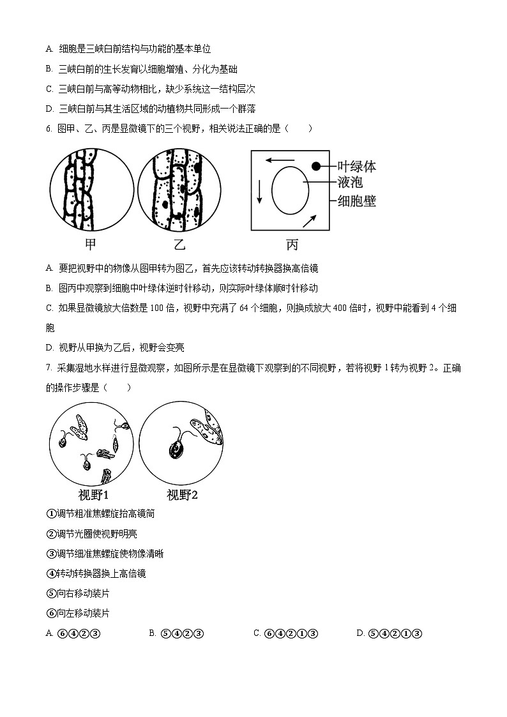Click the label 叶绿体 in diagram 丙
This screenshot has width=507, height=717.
click(356, 167)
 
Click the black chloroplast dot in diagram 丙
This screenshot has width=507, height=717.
click(316, 167)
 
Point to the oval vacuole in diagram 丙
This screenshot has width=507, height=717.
click(290, 190)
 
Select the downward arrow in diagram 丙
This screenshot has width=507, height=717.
click(259, 191)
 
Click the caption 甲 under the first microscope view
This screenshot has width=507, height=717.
click(91, 244)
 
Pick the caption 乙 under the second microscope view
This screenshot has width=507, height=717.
click(179, 244)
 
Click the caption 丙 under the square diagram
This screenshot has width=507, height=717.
click(292, 244)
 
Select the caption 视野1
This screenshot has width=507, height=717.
click(93, 495)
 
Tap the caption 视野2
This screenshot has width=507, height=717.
click(182, 495)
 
